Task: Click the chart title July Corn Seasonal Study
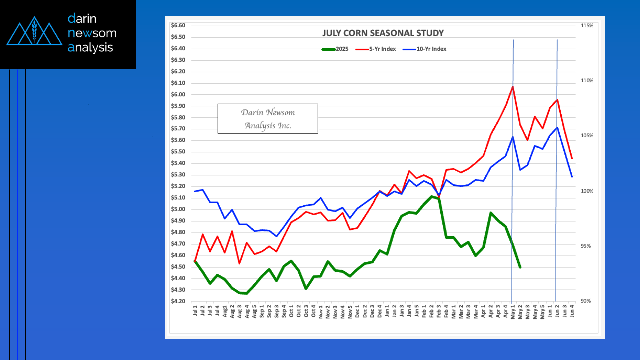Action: [383, 33]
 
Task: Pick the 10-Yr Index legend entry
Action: [431, 49]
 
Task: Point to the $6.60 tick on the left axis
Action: [178, 25]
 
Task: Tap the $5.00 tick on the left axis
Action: [178, 209]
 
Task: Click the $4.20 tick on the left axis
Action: [178, 301]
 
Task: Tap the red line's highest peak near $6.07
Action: [513, 87]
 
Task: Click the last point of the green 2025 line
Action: [520, 267]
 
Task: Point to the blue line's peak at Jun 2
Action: [557, 127]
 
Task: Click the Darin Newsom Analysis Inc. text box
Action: [268, 119]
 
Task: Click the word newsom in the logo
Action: [92, 33]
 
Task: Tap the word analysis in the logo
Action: [91, 48]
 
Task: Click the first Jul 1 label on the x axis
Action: [195, 313]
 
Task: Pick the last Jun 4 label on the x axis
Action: [572, 313]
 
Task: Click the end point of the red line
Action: [572, 159]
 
